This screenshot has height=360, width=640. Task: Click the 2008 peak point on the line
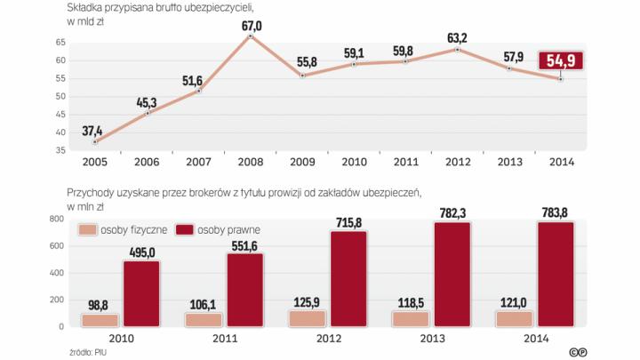point(251,36)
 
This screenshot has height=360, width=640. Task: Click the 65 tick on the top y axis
point(59,42)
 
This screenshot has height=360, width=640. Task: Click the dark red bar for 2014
point(562,274)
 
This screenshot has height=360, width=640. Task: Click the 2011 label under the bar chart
point(228,339)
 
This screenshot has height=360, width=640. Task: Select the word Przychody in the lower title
point(92,192)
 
